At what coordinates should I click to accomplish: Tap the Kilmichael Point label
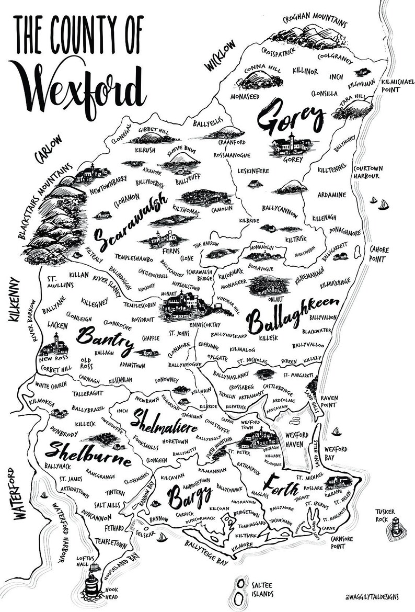click(x=397, y=86)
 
